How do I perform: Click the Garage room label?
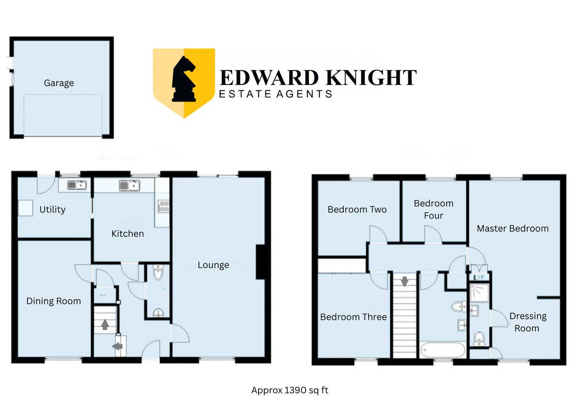(x=59, y=83)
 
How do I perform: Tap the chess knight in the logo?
(x=184, y=79)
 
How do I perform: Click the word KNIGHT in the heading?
(x=371, y=78)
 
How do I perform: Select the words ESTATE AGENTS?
(x=275, y=94)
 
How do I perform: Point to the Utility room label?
(x=52, y=210)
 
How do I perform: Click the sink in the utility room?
(x=77, y=185)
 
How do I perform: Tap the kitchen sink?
(x=129, y=185)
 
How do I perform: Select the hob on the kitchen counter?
(x=164, y=206)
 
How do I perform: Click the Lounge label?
(x=213, y=265)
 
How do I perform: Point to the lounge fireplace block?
(x=260, y=262)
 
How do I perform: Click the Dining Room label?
(x=54, y=301)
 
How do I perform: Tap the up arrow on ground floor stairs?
(x=105, y=325)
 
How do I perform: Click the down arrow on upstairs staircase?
(x=404, y=282)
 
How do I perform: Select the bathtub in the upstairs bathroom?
(x=443, y=351)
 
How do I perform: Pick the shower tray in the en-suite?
(x=480, y=293)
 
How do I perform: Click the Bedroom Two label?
(x=357, y=210)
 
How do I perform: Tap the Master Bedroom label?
(x=513, y=229)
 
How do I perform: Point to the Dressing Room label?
(x=528, y=322)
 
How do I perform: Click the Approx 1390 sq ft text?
(x=290, y=390)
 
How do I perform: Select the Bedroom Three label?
(x=354, y=317)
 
